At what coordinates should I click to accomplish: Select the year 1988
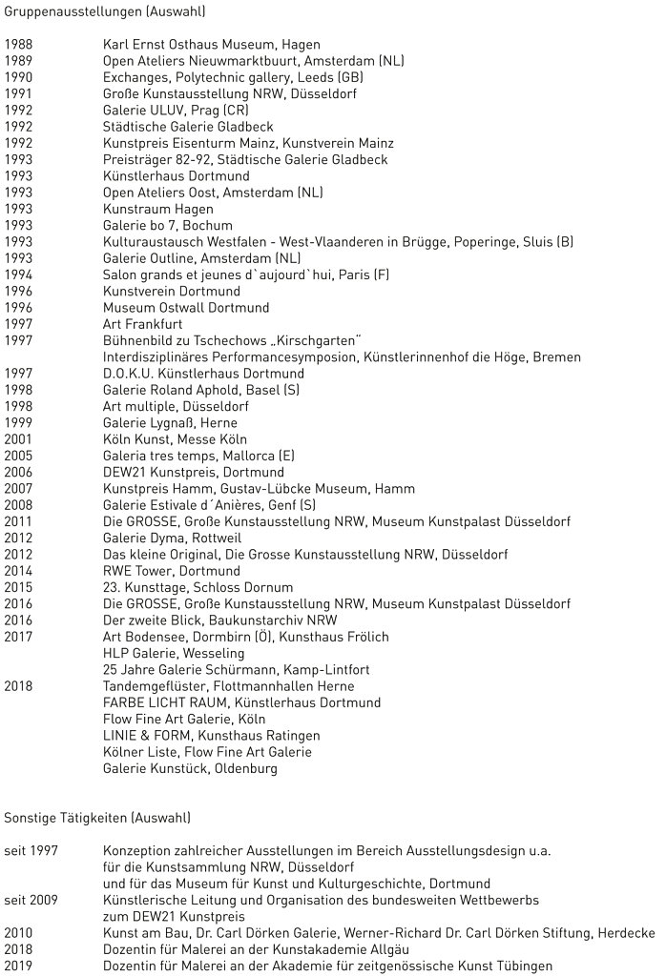click(x=18, y=45)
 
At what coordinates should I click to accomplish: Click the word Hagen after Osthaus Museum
click(x=301, y=45)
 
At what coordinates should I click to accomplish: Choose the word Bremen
click(x=557, y=357)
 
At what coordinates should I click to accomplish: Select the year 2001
click(x=18, y=439)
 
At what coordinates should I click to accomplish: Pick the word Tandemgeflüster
click(x=153, y=686)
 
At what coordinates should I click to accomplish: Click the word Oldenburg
click(x=245, y=768)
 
